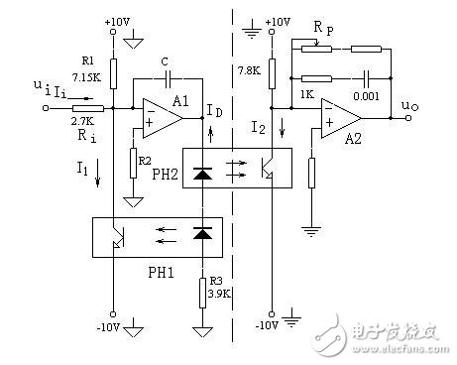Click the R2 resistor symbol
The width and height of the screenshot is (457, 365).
tap(133, 162)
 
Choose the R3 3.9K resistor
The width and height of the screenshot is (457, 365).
tap(202, 293)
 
